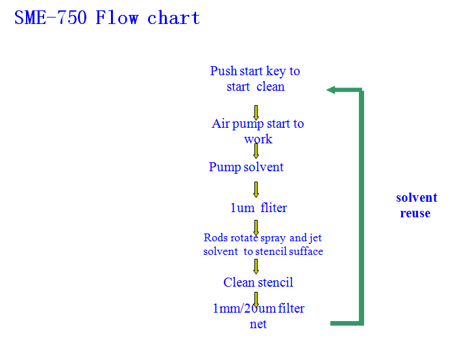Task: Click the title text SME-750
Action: tap(51, 18)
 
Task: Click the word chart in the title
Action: tap(173, 18)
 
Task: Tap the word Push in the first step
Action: tap(223, 71)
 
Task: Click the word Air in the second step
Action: tap(221, 123)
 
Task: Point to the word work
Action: tap(258, 139)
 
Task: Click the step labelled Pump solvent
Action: tap(246, 167)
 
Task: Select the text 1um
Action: tap(243, 208)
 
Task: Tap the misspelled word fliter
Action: tap(273, 208)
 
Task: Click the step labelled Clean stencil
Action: tap(258, 282)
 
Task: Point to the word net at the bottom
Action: tap(258, 324)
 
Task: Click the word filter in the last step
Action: tap(291, 308)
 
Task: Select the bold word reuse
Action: tap(415, 213)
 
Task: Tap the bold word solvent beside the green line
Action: tap(417, 198)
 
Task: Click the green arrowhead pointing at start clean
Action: tap(330, 90)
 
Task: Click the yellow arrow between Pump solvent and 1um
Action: tap(256, 189)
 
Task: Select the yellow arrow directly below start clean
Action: tap(256, 113)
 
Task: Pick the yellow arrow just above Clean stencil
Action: tap(256, 267)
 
